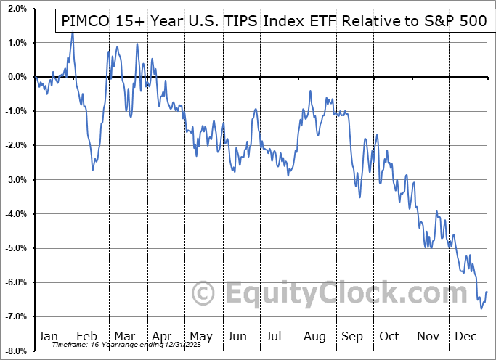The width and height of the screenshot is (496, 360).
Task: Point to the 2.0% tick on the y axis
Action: tap(15, 9)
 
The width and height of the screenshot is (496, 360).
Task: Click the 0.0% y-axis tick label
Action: tap(15, 77)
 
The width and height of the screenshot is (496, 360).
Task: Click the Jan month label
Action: tap(48, 336)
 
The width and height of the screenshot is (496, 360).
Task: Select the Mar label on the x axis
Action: tap(124, 336)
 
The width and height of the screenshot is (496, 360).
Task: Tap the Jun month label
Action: tap(237, 336)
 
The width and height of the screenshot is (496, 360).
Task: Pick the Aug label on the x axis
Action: tap(314, 336)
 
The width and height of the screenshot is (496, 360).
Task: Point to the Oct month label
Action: tap(389, 336)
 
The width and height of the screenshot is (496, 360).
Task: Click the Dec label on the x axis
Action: tap(466, 336)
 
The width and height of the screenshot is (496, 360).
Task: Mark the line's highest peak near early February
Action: tap(73, 33)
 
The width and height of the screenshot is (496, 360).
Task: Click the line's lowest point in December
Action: tap(481, 308)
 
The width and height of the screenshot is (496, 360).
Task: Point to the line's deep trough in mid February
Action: tap(93, 170)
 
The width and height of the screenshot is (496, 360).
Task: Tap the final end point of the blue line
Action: tap(487, 292)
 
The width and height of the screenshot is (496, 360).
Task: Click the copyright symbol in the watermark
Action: tap(203, 293)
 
